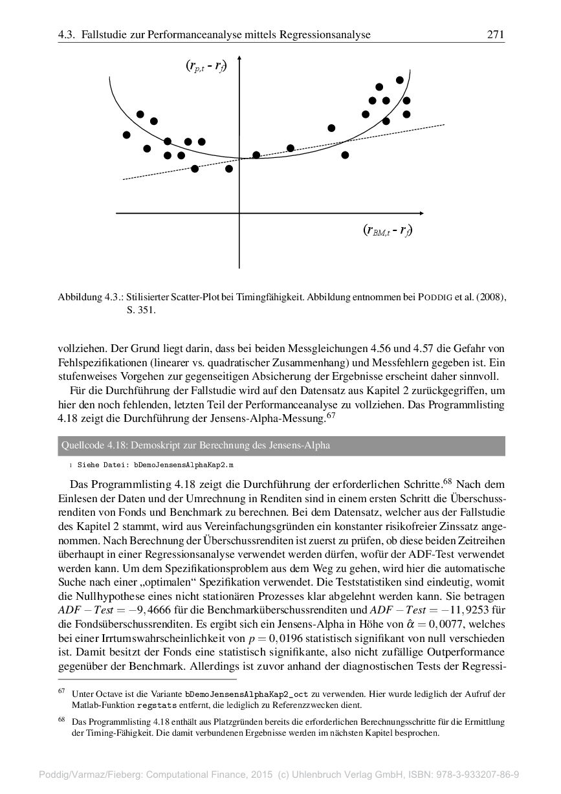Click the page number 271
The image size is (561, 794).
click(x=495, y=34)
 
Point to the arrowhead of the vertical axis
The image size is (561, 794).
click(x=239, y=62)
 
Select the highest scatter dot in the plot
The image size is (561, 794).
click(x=400, y=80)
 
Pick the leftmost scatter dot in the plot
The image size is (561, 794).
click(x=126, y=135)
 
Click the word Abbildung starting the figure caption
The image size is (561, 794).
click(x=80, y=298)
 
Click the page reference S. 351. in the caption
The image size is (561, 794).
click(x=141, y=310)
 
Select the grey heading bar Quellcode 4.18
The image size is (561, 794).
click(x=281, y=445)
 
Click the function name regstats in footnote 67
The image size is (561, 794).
click(x=157, y=705)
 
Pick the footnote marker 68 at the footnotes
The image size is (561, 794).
click(x=62, y=719)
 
